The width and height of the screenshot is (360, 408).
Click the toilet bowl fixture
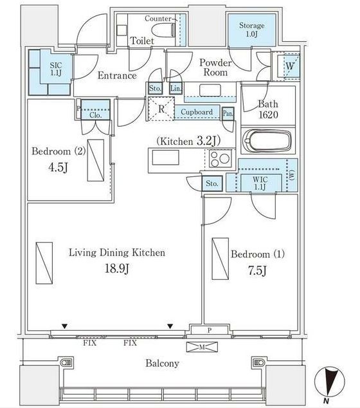164,30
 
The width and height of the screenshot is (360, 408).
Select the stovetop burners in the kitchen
220,158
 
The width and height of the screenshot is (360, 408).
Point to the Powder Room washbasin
210,91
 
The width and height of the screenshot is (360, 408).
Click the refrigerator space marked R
161,109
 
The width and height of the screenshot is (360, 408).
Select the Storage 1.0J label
251,30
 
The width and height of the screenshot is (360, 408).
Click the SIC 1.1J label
56,70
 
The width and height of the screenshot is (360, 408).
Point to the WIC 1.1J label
260,183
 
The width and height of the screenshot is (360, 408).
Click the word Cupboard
197,112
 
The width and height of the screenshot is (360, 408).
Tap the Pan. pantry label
228,113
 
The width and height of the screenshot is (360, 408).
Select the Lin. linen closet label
175,88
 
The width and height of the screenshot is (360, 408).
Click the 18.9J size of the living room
117,268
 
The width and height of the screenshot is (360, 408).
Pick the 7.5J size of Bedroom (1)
256,271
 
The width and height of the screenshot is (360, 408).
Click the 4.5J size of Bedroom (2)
59,167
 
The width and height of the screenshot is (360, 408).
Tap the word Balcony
163,363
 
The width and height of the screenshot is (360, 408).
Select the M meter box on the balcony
202,347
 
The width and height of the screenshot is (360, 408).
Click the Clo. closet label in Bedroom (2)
95,115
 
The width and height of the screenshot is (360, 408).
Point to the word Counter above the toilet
158,19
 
